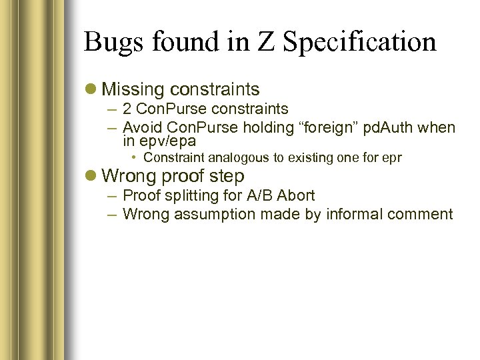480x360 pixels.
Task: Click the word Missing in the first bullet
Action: coord(133,89)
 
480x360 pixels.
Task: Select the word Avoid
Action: coord(141,127)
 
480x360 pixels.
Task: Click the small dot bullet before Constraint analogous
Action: coord(134,158)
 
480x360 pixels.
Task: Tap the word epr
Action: coord(391,158)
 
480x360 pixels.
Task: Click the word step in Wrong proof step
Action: coord(229,177)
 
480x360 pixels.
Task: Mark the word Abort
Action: coord(297,196)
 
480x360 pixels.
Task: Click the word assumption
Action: coord(201,215)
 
